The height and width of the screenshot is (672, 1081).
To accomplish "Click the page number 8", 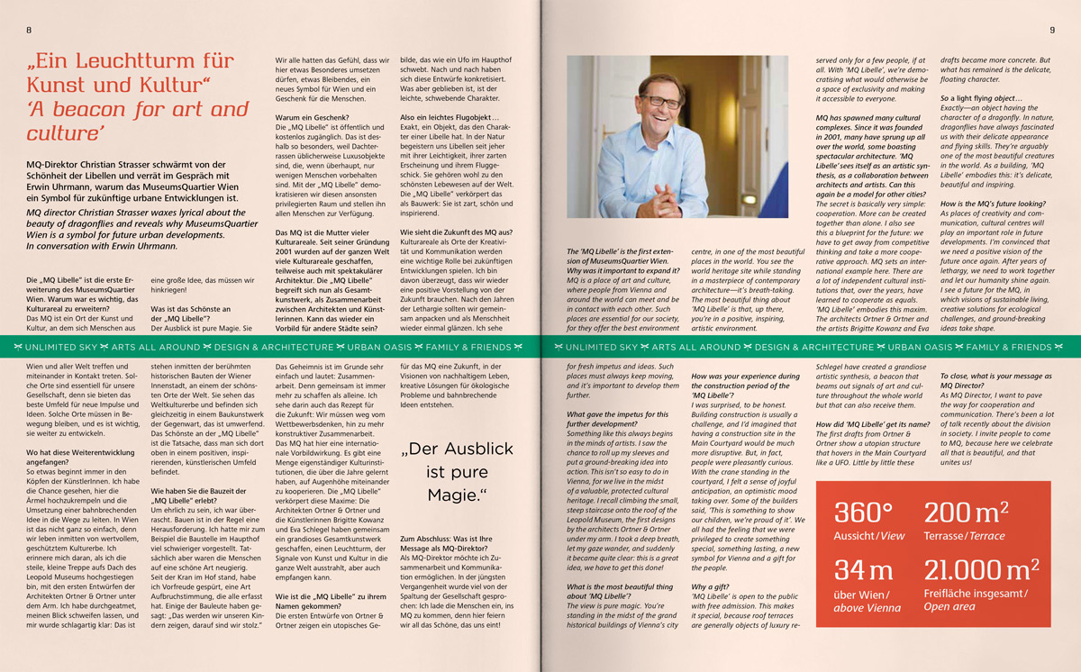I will pyautogui.click(x=30, y=30).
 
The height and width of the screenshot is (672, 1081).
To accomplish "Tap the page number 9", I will pyautogui.click(x=1051, y=30).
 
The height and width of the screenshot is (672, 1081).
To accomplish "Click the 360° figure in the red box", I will pyautogui.click(x=863, y=513).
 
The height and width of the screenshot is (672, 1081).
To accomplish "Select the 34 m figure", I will pyautogui.click(x=863, y=570).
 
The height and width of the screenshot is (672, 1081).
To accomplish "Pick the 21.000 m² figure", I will pyautogui.click(x=982, y=570).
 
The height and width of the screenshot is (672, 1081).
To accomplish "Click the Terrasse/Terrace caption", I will pyautogui.click(x=964, y=536).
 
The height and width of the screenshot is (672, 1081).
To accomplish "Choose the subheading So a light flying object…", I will pyautogui.click(x=981, y=97).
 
